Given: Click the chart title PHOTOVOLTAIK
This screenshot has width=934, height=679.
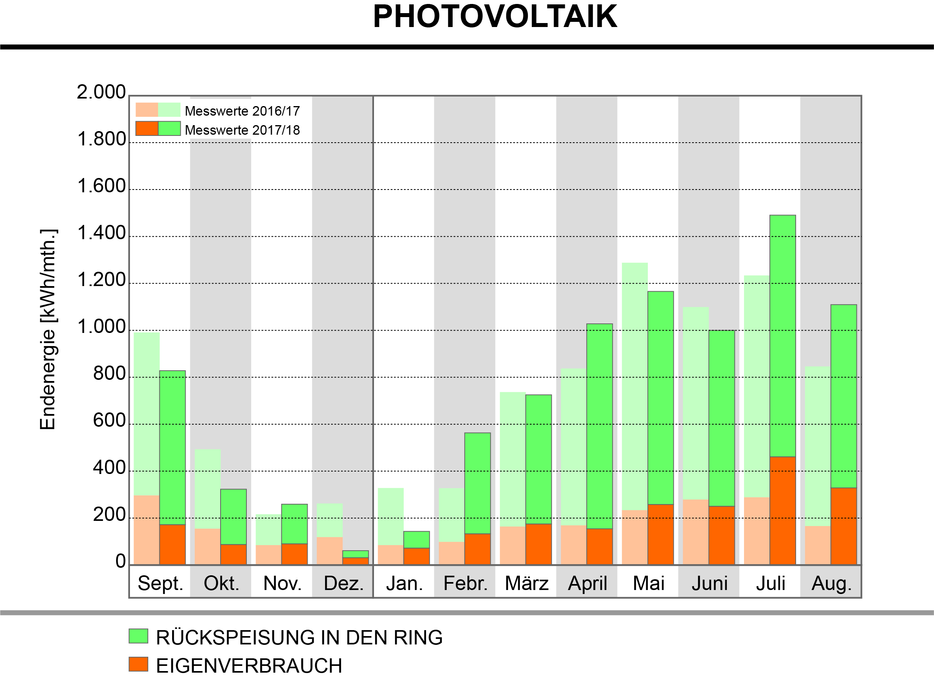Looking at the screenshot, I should pos(494,16).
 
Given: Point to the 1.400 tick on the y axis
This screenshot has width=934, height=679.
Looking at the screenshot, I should pos(101,233).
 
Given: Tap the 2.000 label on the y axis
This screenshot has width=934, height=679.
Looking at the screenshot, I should pos(101,92).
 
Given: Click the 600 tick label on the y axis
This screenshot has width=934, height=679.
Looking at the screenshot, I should pos(109,420).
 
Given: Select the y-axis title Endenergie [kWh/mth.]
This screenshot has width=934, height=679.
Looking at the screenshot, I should pos(48,329).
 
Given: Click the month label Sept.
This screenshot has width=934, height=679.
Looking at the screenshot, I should pos(160,584).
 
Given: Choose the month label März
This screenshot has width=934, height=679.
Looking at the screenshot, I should pos(527,584).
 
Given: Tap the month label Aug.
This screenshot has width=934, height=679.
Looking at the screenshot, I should pos(831,584).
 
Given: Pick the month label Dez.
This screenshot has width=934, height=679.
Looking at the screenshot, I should pos(343,584).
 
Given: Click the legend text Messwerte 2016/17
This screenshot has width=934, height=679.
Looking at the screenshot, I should pos(242,111).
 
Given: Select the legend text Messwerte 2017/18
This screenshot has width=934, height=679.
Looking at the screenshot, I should pos(242,130).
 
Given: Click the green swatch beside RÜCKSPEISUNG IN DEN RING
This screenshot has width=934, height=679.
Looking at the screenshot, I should pos(138,636).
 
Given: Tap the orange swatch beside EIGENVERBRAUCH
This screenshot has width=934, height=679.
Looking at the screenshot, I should pos(138,664).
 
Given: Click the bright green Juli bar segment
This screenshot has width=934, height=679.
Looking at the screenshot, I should pos(783,336).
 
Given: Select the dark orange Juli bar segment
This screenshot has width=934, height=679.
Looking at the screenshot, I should pos(783,511).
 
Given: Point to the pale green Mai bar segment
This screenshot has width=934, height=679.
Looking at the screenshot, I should pos(635,387).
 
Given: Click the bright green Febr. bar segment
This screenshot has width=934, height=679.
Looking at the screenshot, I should pos(477,483).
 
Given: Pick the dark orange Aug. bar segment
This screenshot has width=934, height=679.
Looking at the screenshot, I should pos(844,526).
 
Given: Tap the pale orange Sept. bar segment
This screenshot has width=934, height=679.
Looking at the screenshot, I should pos(147,530).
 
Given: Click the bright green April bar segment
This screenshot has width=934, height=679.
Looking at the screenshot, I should pos(599,426).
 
